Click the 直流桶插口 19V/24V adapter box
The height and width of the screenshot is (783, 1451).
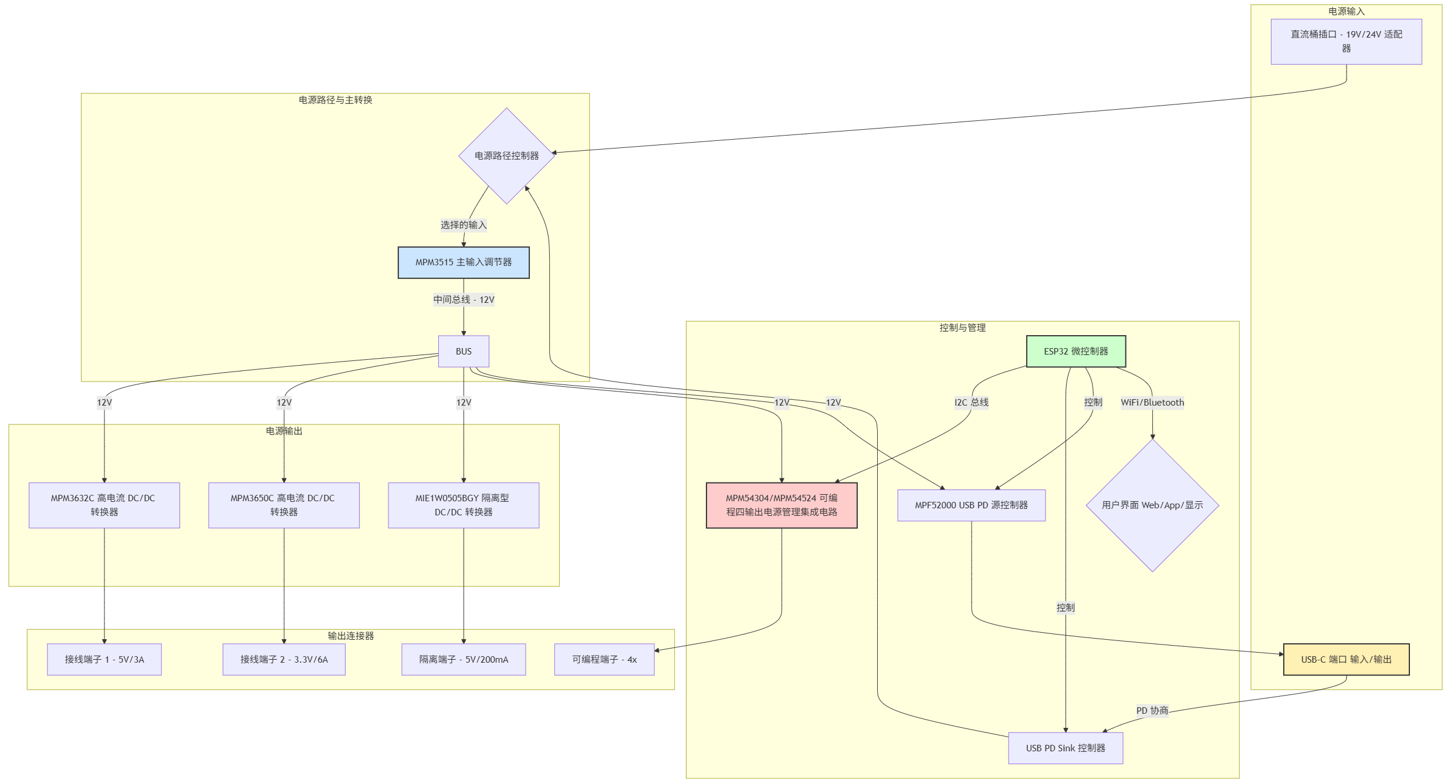[1346, 42]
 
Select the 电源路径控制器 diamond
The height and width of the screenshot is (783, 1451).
[506, 156]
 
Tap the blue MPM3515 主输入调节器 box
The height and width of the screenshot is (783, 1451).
[464, 262]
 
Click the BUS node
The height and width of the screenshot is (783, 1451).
[464, 352]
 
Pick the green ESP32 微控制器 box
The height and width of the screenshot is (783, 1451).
[1076, 352]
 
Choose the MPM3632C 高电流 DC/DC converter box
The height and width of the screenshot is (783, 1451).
[104, 505]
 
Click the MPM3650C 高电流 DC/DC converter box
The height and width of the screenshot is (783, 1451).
[284, 505]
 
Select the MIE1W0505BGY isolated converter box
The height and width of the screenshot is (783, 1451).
[464, 505]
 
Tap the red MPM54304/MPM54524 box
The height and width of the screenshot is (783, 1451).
[782, 505]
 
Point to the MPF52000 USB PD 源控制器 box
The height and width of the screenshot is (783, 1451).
[971, 505]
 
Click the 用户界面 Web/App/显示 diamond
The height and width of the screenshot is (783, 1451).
[1152, 505]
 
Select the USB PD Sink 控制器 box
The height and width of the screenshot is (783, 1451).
[1066, 748]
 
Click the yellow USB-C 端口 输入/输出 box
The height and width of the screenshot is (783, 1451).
[1346, 660]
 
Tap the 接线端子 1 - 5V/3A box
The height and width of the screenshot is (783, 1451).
[104, 660]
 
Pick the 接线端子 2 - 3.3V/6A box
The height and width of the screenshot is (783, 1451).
[284, 660]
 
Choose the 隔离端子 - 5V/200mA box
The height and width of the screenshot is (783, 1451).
[464, 660]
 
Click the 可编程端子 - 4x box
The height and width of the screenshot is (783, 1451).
[604, 660]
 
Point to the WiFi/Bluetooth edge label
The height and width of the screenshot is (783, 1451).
[1152, 403]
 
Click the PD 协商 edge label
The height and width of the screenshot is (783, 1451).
[1152, 711]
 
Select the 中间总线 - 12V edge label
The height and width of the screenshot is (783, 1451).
[464, 300]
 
